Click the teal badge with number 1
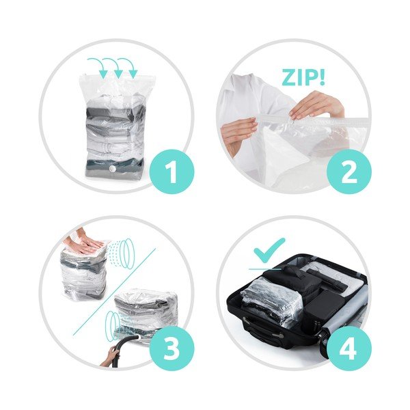click(172, 172)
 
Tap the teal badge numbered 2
click(348, 172)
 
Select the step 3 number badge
click(172, 348)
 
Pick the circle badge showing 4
click(348, 348)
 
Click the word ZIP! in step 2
click(303, 77)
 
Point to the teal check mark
click(270, 251)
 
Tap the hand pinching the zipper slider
click(316, 105)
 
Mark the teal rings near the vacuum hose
click(113, 324)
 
